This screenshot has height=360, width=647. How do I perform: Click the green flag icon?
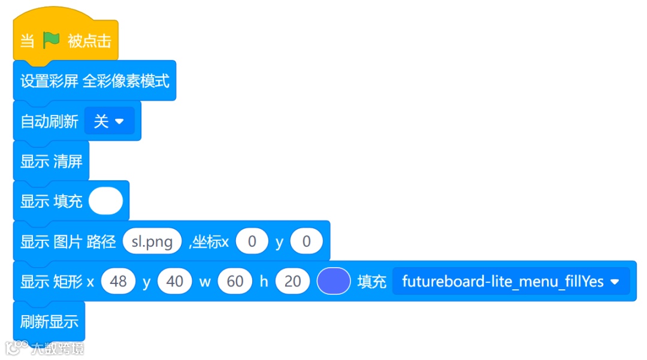coord(51,40)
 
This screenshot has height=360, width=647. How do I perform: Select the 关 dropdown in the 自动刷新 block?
coord(109,122)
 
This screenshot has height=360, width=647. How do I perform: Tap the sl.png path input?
coord(152,241)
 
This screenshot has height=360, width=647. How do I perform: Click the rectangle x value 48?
coord(118,282)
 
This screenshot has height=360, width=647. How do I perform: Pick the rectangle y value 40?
coord(174,282)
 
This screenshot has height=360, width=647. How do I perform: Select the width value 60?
coord(235,282)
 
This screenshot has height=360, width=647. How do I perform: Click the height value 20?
coord(292,282)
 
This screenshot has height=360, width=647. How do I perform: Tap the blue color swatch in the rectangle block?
coord(333,282)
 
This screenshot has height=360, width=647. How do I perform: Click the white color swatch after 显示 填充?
coord(105,201)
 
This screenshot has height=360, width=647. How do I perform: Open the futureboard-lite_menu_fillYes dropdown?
coord(510,282)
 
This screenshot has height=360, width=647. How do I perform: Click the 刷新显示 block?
coord(49,322)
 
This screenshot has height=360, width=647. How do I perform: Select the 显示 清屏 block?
coord(51,161)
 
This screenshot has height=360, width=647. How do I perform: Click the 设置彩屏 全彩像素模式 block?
coord(95,81)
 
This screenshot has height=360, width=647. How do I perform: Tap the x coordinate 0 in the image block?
coord(252,241)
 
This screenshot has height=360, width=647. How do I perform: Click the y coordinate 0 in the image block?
coord(306,241)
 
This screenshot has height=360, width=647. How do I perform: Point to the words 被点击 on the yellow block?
coord(89,41)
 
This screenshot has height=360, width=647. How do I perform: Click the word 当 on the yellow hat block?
coord(27,41)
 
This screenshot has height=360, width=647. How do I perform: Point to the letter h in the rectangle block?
coord(264,282)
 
